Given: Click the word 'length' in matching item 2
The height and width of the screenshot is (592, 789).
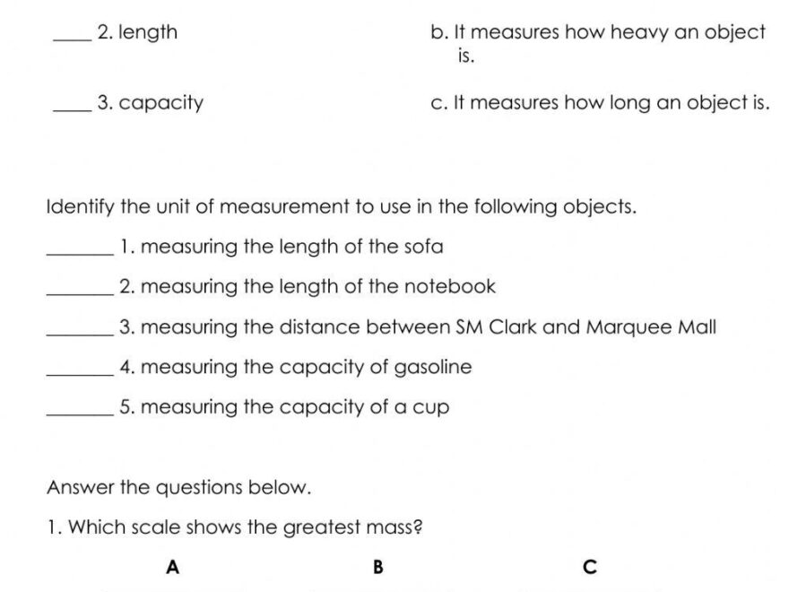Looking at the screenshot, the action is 148,33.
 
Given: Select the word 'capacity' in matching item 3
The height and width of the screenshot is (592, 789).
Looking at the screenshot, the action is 161,102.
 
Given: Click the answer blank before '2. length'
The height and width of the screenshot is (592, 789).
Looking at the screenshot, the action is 72,38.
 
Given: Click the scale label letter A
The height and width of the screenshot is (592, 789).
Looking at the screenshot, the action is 173,567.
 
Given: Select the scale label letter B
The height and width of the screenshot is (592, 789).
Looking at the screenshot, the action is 377,567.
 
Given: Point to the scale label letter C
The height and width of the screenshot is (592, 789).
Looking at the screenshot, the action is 589,567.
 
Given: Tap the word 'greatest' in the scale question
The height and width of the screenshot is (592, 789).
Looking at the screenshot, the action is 323,527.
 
